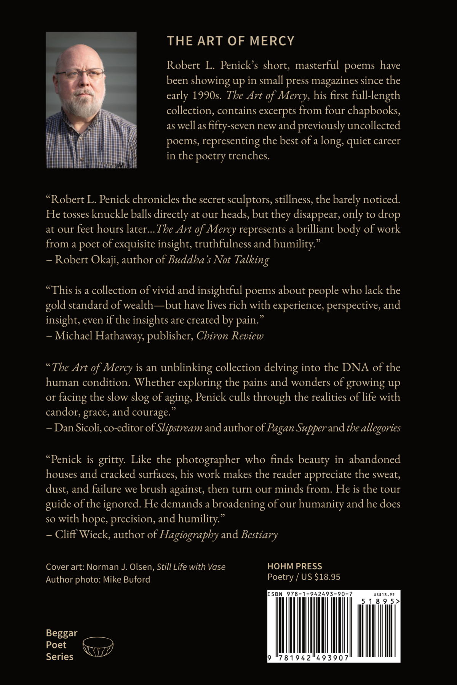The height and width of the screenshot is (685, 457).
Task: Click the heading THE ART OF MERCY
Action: click(x=230, y=41)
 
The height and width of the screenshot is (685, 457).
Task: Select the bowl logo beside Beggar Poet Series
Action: click(x=98, y=646)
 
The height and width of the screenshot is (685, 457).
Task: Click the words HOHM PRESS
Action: click(x=294, y=566)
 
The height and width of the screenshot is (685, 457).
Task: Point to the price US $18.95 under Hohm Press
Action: click(x=320, y=577)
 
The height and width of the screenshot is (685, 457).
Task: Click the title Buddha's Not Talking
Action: click(x=219, y=260)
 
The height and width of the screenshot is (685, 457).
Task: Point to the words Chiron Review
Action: click(x=230, y=336)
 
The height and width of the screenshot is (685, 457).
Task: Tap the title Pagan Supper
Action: click(x=296, y=428)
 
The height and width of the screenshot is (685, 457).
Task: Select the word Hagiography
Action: click(x=189, y=534)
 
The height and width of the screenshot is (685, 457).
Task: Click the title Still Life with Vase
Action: click(x=191, y=567)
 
